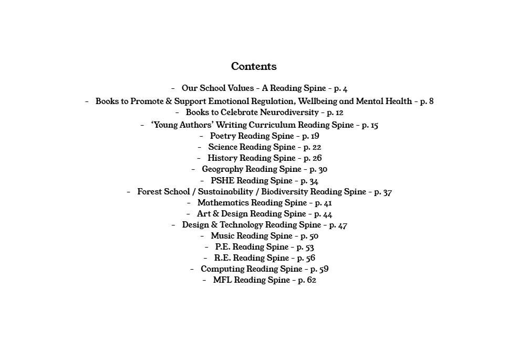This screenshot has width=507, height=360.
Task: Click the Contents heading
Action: tap(254, 66)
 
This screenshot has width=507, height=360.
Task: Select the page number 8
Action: tap(431, 101)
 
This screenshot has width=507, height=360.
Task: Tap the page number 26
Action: tap(316, 158)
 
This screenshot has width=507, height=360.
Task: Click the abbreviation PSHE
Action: tap(223, 181)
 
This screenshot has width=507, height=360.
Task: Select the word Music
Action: tap(222, 236)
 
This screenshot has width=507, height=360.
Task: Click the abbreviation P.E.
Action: tap(222, 247)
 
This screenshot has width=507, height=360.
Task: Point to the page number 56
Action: tap(310, 258)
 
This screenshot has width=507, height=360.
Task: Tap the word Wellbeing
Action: tap(318, 101)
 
